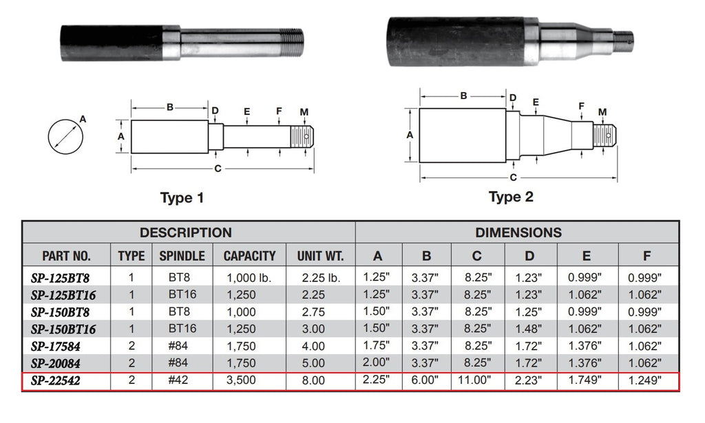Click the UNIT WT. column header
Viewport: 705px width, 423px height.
[320, 257]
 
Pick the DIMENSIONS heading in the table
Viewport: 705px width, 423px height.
[518, 232]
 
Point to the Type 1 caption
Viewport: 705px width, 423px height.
[182, 198]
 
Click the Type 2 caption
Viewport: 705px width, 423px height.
[511, 197]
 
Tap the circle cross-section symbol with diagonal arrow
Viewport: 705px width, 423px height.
[66, 135]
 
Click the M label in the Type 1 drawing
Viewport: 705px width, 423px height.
[304, 111]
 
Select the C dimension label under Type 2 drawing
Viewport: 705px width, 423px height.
[514, 177]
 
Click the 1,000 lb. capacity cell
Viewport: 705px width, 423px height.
[249, 278]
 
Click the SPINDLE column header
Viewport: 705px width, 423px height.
[182, 257]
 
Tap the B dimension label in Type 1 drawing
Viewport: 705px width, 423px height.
[169, 107]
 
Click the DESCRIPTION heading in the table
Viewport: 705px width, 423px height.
[186, 232]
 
